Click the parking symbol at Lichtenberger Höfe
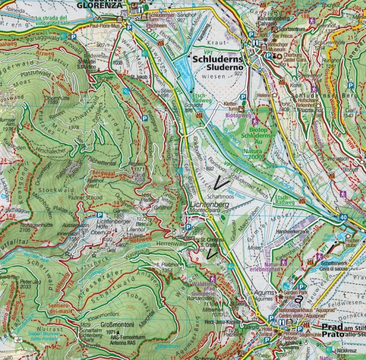pos(100,215)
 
